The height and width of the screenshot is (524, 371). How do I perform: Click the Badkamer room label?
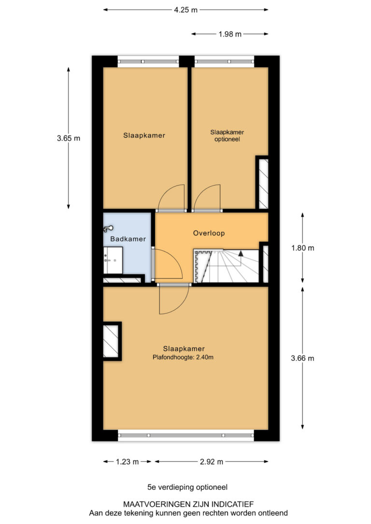click(x=128, y=239)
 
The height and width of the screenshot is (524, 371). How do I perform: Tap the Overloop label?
click(x=209, y=233)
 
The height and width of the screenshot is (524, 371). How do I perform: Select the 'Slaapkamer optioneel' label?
click(x=227, y=136)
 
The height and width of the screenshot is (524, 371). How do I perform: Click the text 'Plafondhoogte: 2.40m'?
click(x=183, y=357)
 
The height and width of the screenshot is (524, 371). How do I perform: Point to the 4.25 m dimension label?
click(x=185, y=10)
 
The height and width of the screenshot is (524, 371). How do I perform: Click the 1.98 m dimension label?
click(x=230, y=34)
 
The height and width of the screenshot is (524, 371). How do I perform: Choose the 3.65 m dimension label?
click(x=69, y=138)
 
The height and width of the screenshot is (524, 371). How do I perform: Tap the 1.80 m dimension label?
click(x=303, y=248)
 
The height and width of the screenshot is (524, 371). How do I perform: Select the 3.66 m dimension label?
click(x=303, y=358)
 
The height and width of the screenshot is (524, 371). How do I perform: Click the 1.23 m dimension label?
click(x=127, y=462)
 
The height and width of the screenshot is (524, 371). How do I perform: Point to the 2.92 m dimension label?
click(x=212, y=462)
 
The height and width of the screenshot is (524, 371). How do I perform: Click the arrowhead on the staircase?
click(x=241, y=253)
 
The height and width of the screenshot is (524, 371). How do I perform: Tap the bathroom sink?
click(x=113, y=261)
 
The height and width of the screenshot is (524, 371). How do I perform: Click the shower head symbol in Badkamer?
click(x=108, y=229)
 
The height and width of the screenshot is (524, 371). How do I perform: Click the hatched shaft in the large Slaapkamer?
click(x=111, y=341)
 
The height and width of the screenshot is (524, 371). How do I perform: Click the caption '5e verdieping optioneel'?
click(x=187, y=487)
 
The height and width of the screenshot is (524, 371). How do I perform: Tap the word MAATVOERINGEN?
click(x=155, y=504)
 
